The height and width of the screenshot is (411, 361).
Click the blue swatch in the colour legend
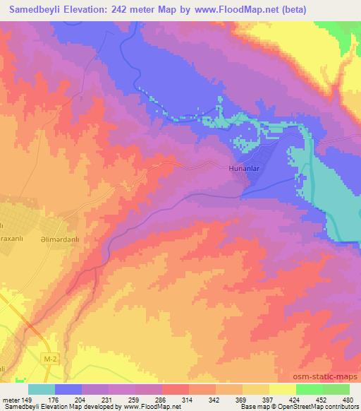[68, 389]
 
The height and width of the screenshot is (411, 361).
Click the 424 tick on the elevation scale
[284, 399]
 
